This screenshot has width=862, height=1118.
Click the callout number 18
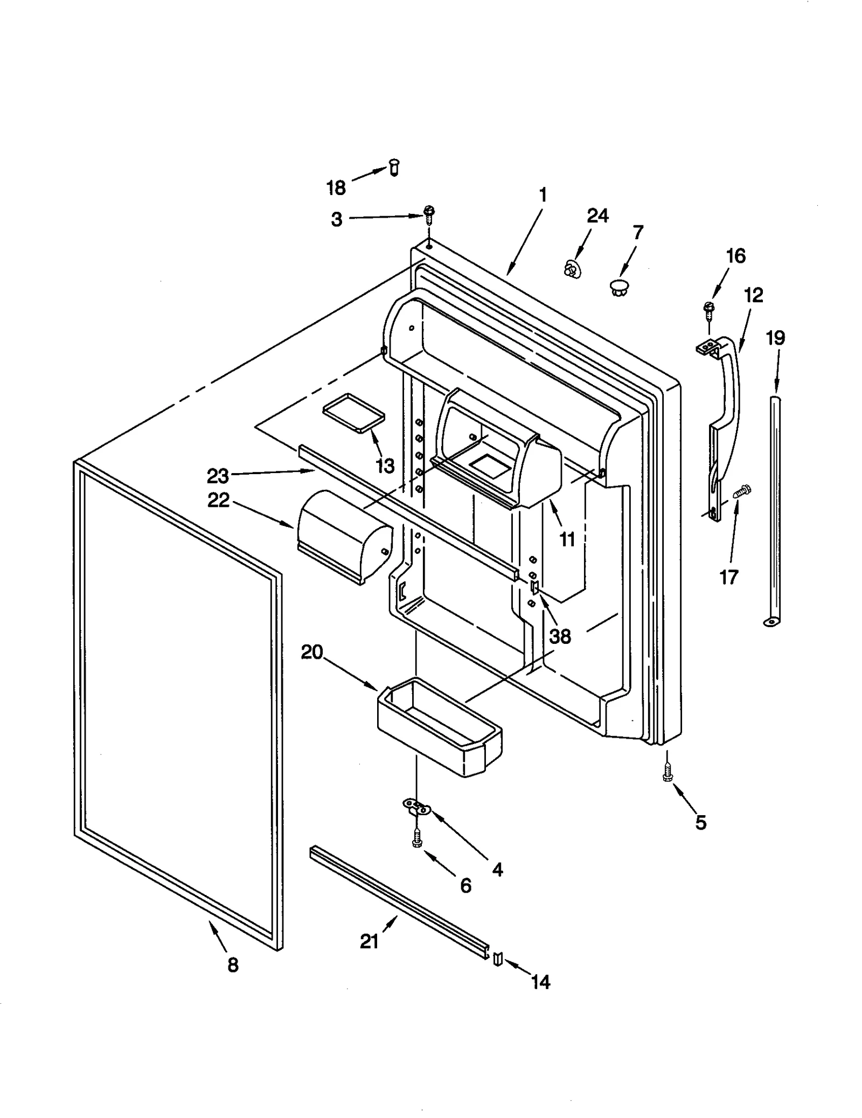(336, 188)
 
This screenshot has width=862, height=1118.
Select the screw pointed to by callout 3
(429, 214)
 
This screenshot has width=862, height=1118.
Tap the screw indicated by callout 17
(742, 491)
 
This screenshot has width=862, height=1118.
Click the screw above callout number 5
(668, 774)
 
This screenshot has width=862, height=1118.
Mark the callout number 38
(560, 636)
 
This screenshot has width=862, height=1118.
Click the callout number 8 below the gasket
(233, 965)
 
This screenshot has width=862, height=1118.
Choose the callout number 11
(567, 539)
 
